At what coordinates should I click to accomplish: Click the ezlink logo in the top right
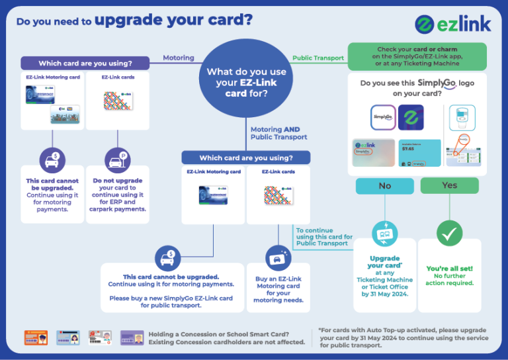[x=453, y=24]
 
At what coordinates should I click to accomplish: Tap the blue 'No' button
[x=384, y=186]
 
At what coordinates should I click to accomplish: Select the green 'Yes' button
[x=449, y=185]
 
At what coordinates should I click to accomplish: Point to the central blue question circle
[x=247, y=79]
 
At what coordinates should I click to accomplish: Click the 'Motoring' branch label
[x=179, y=58]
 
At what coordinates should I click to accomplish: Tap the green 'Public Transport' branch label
[x=318, y=58]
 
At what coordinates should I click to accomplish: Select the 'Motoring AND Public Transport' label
[x=278, y=133]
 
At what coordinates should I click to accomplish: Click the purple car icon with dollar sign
[x=52, y=159]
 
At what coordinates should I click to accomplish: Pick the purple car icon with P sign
[x=117, y=159]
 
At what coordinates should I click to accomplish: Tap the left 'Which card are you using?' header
[x=85, y=64]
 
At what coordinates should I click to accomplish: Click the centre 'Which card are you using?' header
[x=246, y=158]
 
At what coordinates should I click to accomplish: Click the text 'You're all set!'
[x=450, y=269]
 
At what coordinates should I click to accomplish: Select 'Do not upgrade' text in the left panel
[x=118, y=180]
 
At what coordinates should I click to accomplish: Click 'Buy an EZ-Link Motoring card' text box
[x=278, y=289]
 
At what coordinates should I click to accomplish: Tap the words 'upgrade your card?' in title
[x=173, y=19]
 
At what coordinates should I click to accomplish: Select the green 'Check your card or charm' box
[x=417, y=56]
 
